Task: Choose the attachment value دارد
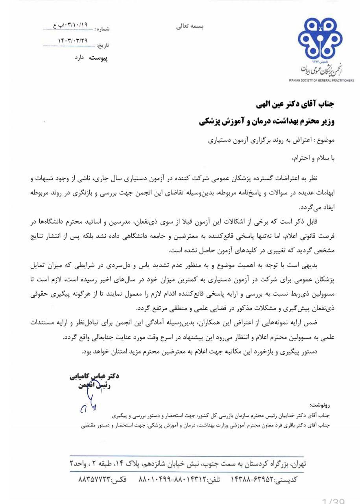pyautogui.click(x=80, y=57)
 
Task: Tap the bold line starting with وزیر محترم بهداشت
pyautogui.click(x=267, y=122)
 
